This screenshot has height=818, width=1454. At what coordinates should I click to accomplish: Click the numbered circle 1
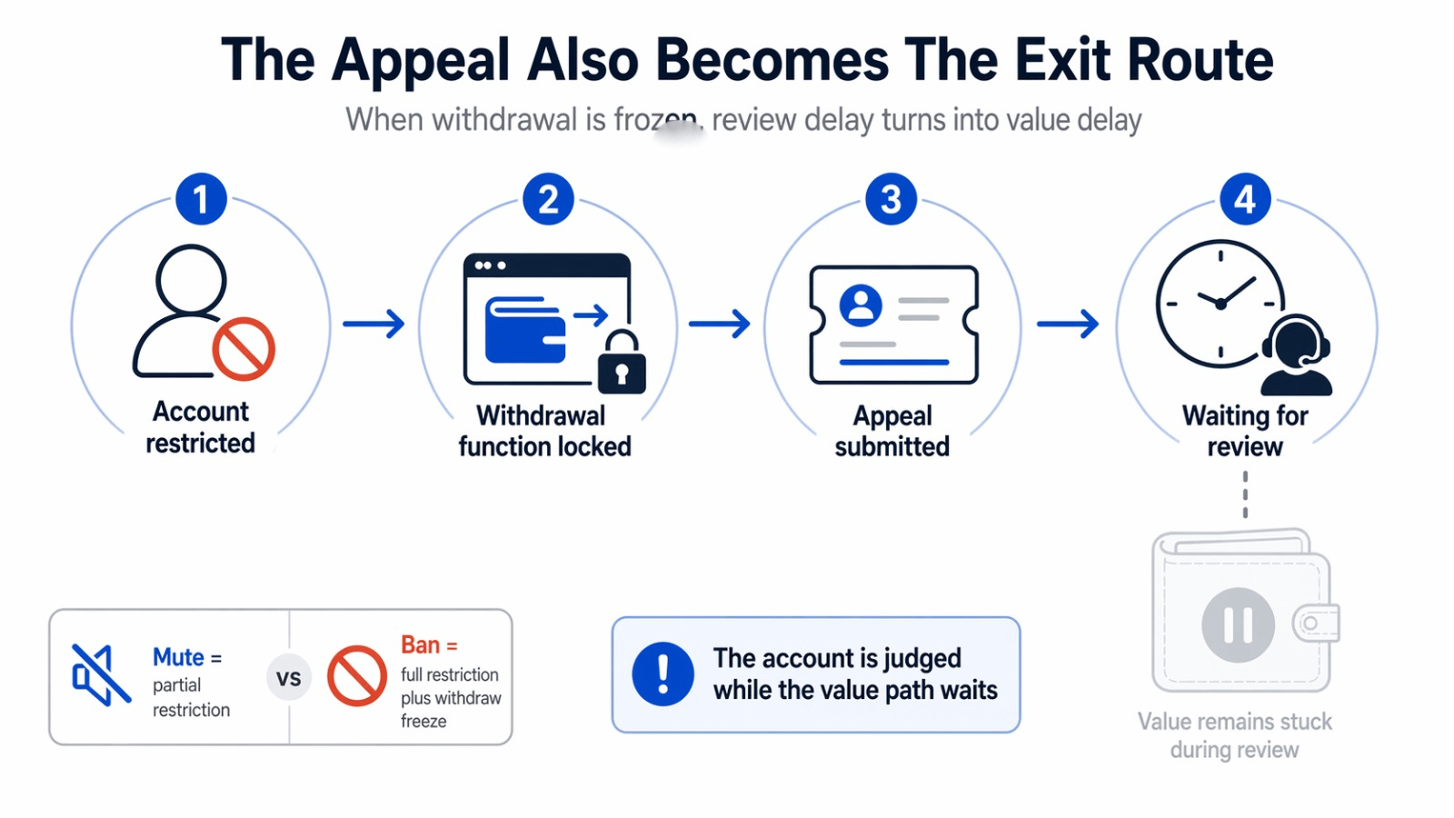pos(201,199)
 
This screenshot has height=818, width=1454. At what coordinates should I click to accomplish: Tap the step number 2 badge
pos(548,199)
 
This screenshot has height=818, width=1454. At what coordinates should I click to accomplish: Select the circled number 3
pos(891,199)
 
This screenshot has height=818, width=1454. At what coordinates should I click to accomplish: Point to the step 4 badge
pos(1245,199)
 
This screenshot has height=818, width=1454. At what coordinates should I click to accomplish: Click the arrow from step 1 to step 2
pos(373,324)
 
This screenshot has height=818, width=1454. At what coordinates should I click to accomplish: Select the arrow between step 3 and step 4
pos(1068,324)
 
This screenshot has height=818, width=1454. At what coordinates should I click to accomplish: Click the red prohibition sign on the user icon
pos(244,349)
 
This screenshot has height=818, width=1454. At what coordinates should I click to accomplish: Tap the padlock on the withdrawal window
pos(622,363)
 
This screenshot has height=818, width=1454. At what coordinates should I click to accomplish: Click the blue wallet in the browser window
pos(525,330)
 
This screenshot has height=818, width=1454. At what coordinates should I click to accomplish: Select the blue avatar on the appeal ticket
pos(861,305)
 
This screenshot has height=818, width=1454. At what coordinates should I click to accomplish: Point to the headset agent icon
pos(1296,355)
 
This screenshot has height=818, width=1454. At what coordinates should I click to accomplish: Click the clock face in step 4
pos(1220,304)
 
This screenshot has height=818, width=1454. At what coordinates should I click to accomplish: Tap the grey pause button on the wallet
pos(1238,624)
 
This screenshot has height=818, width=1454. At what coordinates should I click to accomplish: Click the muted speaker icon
pos(101,675)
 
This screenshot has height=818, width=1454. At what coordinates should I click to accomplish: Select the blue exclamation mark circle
pos(662,674)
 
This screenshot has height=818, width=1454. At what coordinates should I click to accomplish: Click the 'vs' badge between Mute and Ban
pos(289,678)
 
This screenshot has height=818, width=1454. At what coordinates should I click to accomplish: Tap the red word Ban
pos(420,644)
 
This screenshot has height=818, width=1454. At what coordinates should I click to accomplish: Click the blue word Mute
pos(178,657)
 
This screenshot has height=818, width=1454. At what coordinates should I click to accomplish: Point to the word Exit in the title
pos(1061,60)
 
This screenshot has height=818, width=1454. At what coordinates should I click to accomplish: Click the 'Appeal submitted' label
pos(891,431)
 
